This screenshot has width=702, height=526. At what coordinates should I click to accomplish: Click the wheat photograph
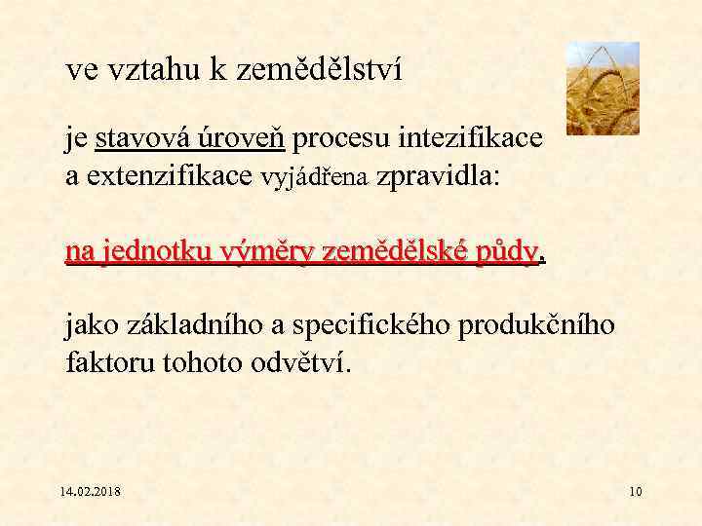pyautogui.click(x=603, y=88)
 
